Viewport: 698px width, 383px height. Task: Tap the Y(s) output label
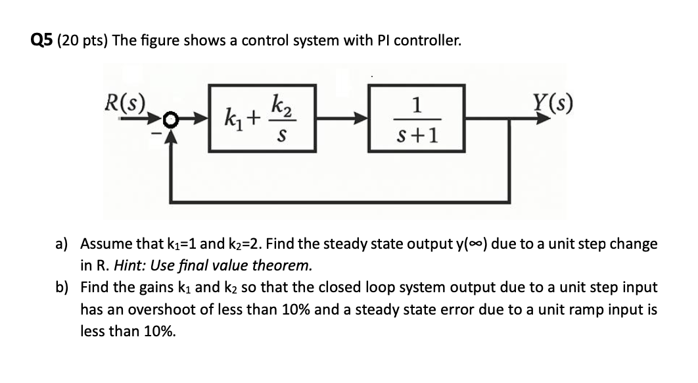552,103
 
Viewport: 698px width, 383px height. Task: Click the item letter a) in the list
61,244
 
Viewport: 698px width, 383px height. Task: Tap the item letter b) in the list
62,288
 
